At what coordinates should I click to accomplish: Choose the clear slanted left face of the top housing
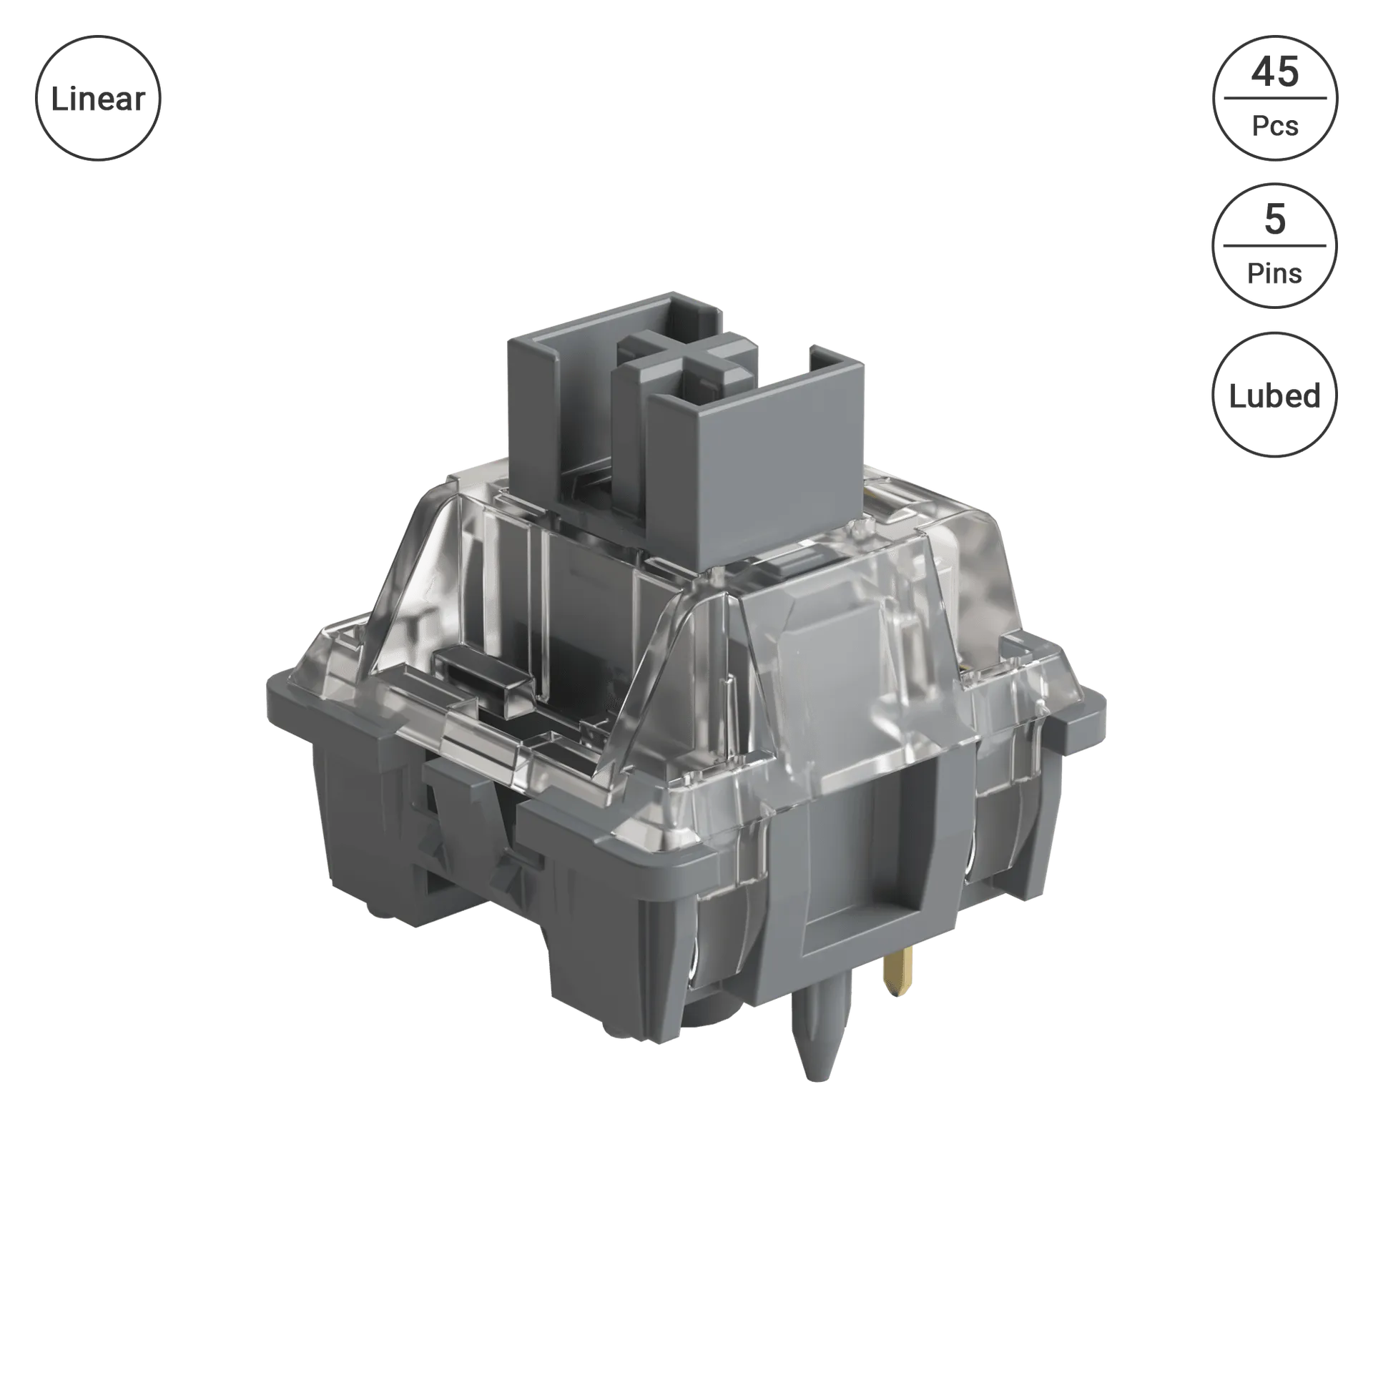[x=408, y=586]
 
